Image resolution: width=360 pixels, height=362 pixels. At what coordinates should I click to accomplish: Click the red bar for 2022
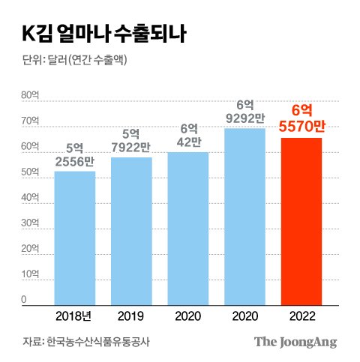[301, 222]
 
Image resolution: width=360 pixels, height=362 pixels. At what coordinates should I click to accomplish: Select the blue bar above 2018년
[75, 238]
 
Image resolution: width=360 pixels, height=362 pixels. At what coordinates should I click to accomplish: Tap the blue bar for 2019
[131, 232]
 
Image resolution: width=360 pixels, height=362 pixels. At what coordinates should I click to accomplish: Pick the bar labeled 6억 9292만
[244, 217]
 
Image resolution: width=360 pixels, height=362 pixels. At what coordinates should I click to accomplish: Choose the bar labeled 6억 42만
[188, 229]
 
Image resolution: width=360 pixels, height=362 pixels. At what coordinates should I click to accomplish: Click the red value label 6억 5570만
[301, 118]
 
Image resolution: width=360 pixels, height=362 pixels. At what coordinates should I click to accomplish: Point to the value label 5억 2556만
[75, 155]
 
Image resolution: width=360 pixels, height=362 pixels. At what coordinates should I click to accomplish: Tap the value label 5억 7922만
[131, 141]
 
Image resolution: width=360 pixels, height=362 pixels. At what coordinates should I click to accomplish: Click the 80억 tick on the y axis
[30, 95]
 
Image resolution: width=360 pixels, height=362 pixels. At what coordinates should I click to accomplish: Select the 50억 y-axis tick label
[30, 172]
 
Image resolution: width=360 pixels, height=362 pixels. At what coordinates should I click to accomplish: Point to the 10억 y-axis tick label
[30, 274]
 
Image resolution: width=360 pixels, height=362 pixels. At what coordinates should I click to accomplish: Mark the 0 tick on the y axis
[24, 299]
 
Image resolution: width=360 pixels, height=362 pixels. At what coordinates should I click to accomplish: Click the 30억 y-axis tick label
[30, 223]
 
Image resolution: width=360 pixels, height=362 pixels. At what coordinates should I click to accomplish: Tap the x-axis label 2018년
[73, 316]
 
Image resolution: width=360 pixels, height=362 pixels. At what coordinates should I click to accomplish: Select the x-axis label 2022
[302, 316]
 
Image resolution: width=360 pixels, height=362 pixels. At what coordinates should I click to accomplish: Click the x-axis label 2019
[130, 316]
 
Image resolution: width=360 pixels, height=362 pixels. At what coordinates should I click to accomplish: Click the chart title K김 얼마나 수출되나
[104, 34]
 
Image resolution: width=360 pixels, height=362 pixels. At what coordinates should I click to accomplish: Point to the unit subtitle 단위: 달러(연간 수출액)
[74, 60]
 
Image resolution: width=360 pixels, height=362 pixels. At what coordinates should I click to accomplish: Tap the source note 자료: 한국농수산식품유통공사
[86, 342]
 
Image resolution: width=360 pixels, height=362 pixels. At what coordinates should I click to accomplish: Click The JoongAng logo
[295, 342]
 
